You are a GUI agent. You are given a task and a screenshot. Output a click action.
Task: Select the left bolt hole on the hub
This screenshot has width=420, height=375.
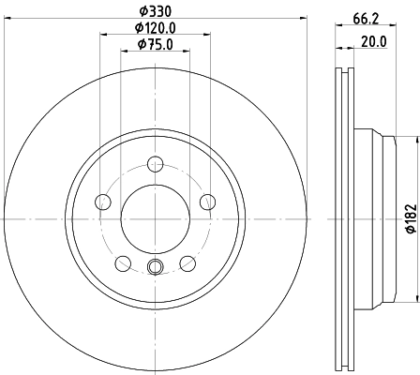click(103, 201)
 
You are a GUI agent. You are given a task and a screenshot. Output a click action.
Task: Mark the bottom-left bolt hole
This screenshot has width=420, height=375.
click(123, 262)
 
